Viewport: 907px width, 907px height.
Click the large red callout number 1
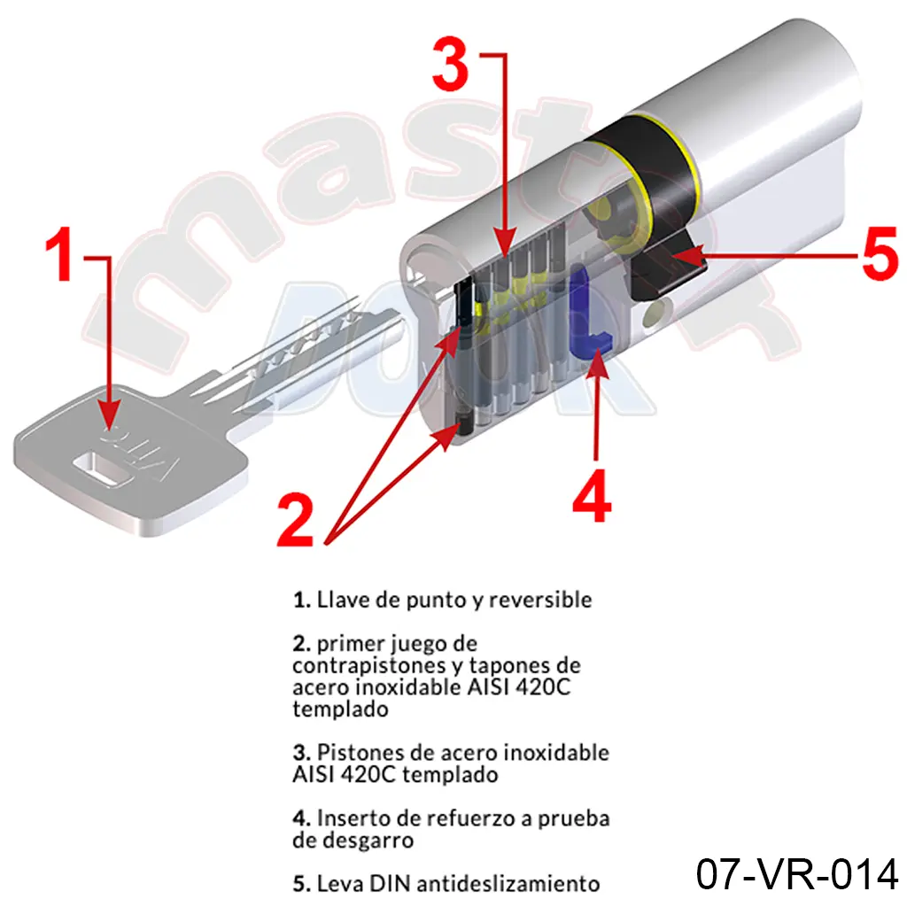[61, 253]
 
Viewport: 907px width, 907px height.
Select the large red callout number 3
[451, 64]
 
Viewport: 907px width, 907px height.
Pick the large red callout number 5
[880, 254]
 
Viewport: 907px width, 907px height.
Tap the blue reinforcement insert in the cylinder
[588, 313]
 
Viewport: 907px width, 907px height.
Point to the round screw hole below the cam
[655, 314]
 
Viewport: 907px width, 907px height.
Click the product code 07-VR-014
[796, 873]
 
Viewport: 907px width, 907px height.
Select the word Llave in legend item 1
[344, 600]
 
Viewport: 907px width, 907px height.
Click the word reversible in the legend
[540, 600]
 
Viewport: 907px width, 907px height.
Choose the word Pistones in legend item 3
[360, 753]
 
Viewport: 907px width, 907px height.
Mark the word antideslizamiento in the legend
[508, 884]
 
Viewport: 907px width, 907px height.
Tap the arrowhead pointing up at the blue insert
[596, 364]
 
